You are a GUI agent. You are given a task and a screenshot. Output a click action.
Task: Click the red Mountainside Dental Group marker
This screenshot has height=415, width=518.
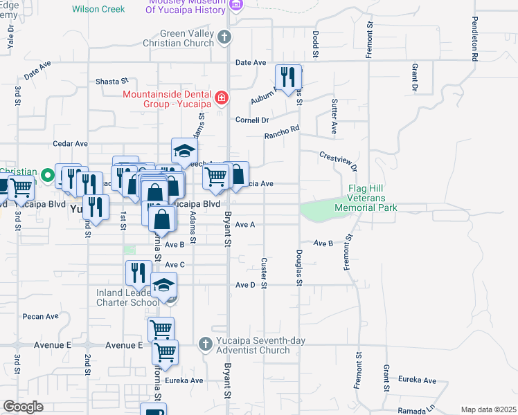tap(222, 98)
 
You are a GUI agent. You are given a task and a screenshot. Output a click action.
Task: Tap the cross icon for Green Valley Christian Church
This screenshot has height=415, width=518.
tap(224, 37)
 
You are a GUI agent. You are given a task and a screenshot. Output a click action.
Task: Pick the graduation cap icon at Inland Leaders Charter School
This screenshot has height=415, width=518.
tap(164, 285)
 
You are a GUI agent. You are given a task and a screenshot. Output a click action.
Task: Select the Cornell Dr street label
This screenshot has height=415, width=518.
tap(251, 119)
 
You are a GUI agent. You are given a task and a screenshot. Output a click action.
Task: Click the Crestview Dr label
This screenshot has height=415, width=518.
tap(338, 161)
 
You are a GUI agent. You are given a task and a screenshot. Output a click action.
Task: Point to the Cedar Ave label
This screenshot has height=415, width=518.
tap(71, 144)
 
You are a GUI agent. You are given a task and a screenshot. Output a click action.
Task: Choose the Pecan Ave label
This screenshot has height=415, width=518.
tap(40, 316)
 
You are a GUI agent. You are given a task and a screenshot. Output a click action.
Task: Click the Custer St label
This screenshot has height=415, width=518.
tap(264, 273)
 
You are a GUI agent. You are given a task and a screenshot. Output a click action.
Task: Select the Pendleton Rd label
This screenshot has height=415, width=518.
tap(475, 40)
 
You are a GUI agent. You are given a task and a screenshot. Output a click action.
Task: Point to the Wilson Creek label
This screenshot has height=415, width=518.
tap(98, 9)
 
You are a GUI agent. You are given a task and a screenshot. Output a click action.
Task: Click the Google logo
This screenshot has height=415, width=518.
tap(24, 407)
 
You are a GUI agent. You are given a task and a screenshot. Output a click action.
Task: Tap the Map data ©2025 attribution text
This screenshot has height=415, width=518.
tap(488, 409)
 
